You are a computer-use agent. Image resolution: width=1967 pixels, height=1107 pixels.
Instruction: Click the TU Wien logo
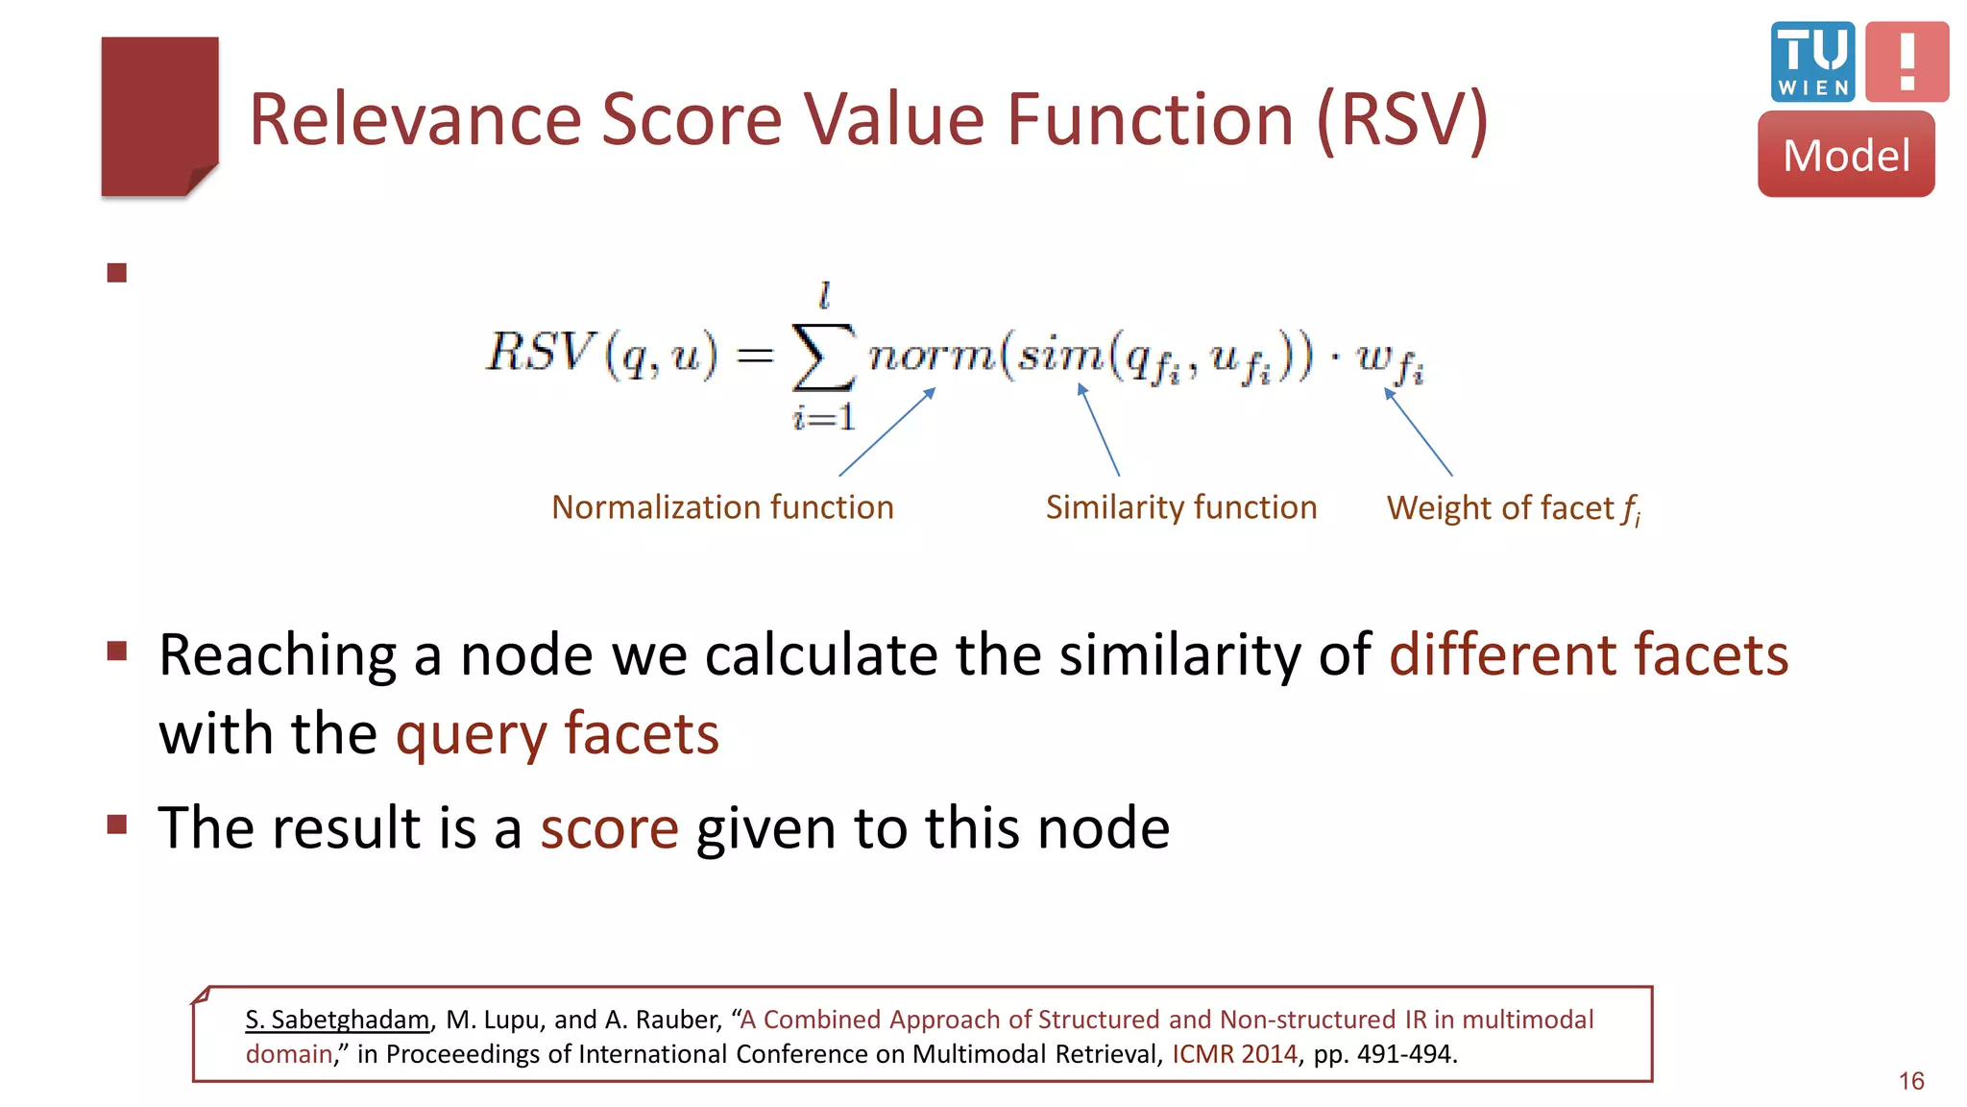click(x=1812, y=61)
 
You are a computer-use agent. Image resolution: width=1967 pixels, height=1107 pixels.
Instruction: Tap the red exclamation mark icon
click(x=1906, y=61)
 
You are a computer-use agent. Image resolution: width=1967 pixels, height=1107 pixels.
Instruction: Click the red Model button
click(x=1845, y=155)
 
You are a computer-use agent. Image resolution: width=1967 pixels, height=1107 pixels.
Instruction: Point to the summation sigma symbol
click(x=822, y=356)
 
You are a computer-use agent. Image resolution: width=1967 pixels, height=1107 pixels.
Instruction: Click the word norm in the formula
click(x=931, y=356)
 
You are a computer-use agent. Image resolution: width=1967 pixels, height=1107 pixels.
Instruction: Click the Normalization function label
click(x=722, y=507)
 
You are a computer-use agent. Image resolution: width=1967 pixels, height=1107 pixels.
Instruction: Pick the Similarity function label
click(x=1180, y=507)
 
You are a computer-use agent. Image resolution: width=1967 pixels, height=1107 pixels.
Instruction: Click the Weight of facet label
click(x=1513, y=508)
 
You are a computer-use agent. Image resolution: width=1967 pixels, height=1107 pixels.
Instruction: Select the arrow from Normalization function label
click(x=886, y=432)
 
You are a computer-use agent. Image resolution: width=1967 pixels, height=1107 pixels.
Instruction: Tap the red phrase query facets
click(x=557, y=734)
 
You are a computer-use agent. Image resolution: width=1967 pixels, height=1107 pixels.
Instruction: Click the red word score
click(x=609, y=828)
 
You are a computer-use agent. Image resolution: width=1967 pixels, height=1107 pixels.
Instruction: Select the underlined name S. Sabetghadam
click(x=337, y=1020)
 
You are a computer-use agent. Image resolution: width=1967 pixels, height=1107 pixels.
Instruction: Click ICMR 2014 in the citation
click(x=1234, y=1054)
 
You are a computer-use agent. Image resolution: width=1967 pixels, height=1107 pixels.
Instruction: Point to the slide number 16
click(x=1910, y=1081)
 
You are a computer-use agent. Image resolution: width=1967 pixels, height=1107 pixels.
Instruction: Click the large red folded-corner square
click(x=159, y=116)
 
